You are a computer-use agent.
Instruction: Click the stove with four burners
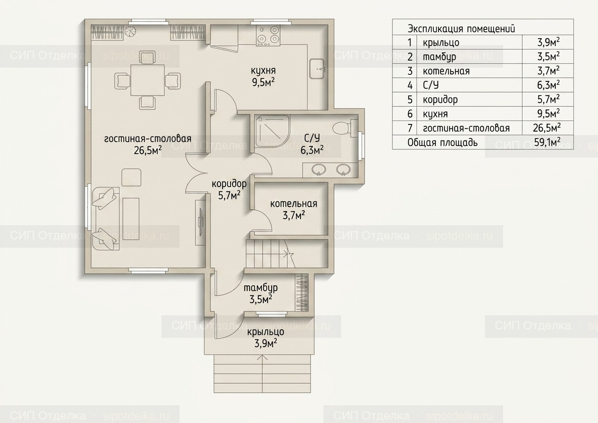click(x=268, y=35)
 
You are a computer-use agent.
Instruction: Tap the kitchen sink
click(x=318, y=69)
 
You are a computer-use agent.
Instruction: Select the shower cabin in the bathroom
click(x=272, y=131)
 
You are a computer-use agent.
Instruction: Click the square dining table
click(x=147, y=80)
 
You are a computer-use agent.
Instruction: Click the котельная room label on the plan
click(x=294, y=204)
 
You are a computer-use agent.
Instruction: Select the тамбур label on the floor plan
click(x=260, y=288)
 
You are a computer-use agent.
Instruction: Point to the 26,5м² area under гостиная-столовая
click(x=148, y=150)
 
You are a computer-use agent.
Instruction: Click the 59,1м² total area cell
click(x=547, y=142)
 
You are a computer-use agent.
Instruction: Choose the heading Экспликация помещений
click(x=461, y=28)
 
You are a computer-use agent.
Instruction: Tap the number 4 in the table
click(x=410, y=86)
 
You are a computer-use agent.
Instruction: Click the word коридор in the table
click(x=440, y=99)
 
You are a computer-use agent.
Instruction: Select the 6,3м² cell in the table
click(x=549, y=85)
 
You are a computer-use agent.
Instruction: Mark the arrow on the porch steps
click(x=262, y=374)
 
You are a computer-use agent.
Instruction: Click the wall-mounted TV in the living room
click(x=200, y=222)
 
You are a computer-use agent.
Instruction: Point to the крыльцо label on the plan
click(x=265, y=332)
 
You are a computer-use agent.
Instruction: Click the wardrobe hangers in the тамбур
click(x=301, y=292)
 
